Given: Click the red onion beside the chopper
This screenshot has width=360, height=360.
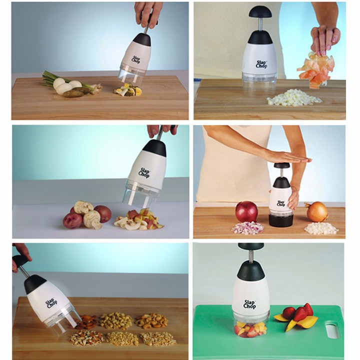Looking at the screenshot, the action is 246,211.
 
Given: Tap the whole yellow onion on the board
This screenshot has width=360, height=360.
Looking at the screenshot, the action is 316,211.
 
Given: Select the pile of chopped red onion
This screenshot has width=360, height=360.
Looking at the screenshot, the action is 247,228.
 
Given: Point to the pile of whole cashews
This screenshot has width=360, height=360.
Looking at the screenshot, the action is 151,320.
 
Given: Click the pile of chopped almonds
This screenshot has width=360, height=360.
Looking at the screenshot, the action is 86,337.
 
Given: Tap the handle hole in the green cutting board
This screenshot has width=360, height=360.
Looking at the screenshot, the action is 332,331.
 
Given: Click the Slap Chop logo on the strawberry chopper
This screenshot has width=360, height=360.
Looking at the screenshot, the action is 249,304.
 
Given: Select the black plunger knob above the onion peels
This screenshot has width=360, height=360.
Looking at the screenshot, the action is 260,12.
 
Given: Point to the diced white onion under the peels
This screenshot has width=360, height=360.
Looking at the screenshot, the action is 294,98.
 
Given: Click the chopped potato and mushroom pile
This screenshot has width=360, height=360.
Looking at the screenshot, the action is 139,221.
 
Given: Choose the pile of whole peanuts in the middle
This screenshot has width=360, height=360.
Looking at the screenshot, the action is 116,320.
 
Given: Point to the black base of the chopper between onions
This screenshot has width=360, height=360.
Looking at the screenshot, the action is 281,219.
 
